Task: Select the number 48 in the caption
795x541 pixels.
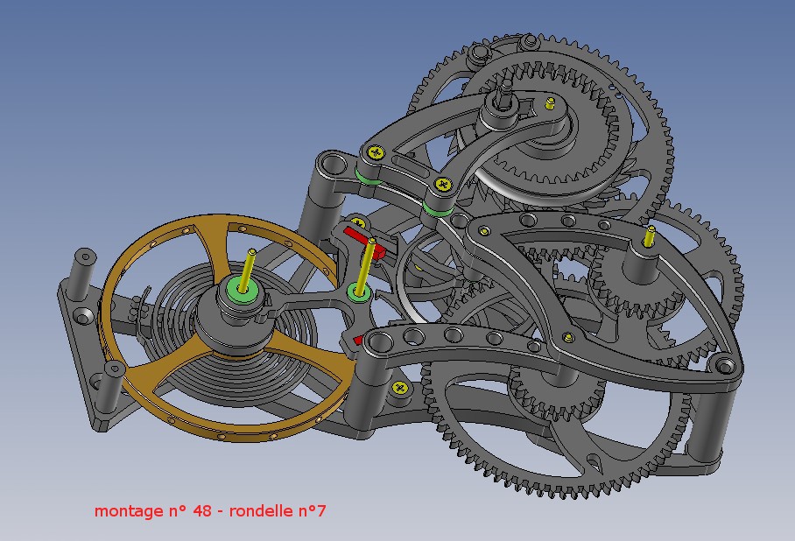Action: [201, 510]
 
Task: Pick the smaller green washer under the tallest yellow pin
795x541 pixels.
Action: [358, 293]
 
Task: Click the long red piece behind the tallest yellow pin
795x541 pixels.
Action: [364, 241]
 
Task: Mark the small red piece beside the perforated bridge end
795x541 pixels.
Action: [358, 340]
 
